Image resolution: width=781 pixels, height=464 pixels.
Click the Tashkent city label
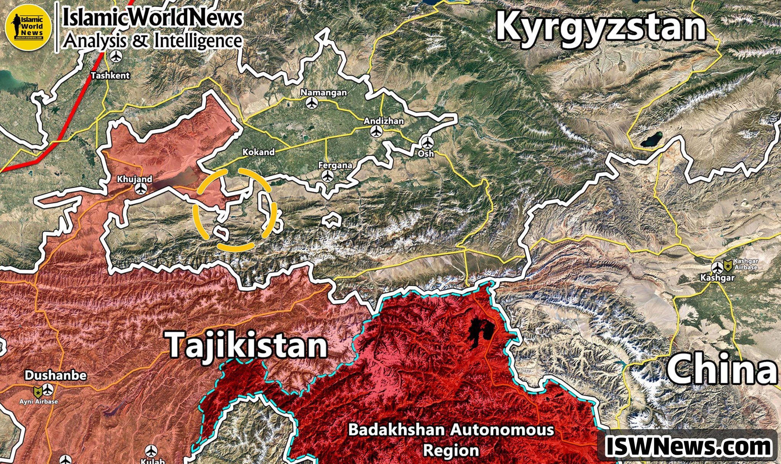(110, 76)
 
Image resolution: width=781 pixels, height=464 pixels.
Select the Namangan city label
(324, 92)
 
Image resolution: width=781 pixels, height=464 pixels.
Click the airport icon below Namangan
(312, 103)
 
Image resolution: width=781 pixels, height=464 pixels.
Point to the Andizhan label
(383, 121)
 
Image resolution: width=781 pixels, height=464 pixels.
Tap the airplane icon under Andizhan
(377, 131)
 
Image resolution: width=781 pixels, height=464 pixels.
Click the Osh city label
(426, 153)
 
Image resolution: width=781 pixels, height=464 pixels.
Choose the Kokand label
(259, 152)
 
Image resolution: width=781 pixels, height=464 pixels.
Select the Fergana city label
(335, 165)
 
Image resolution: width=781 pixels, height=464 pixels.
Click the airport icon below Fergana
(327, 176)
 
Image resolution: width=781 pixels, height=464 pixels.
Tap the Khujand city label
(134, 179)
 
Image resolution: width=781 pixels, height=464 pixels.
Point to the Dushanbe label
(56, 375)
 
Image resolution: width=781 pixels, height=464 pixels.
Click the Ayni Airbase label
(39, 401)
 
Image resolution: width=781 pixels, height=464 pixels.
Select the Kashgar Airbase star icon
(728, 266)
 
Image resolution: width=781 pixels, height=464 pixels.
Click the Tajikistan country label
(247, 345)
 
